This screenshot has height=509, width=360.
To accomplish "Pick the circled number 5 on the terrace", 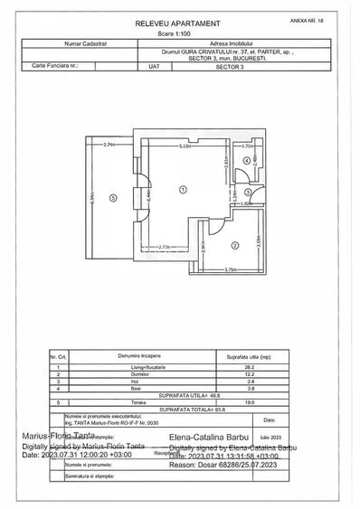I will click(x=112, y=198).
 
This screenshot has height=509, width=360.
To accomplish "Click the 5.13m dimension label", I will click(x=185, y=147).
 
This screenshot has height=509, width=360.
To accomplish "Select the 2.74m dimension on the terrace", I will click(x=110, y=146).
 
